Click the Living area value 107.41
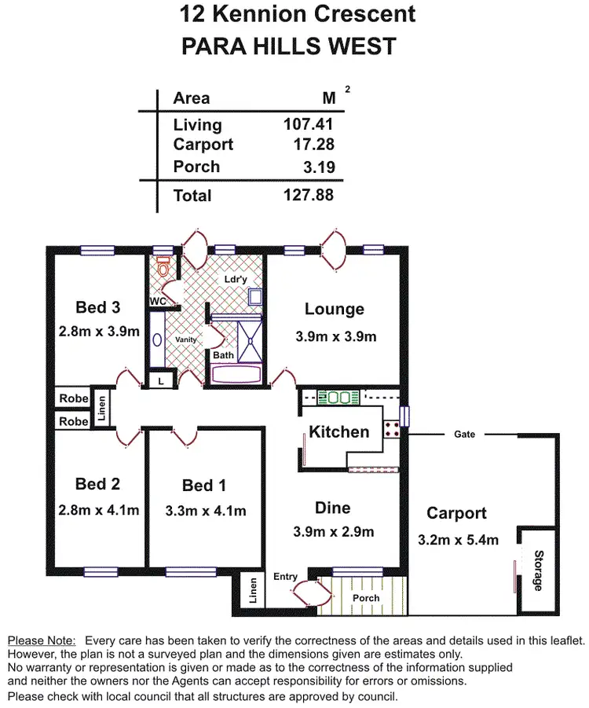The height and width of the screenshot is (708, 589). pos(308,124)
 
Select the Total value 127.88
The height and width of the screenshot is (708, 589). pos(308,195)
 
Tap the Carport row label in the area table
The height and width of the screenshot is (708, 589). pos(203,145)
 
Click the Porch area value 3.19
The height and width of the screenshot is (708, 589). pos(319,167)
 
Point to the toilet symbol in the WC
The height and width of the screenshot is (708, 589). pos(163,266)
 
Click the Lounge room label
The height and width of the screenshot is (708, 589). pos(335,310)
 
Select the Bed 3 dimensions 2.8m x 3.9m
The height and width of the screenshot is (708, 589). pos(99,331)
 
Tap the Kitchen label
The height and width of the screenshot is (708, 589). pos(338,431)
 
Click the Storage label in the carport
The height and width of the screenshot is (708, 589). pos(538,571)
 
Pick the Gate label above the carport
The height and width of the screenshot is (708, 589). pos(464,434)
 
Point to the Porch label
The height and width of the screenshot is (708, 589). pos(366,598)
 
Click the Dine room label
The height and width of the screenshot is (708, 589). pos(334,508)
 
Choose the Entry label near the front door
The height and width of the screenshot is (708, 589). pos(285,577)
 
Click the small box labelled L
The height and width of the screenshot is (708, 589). pos(160,380)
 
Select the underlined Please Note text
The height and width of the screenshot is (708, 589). pos(41,641)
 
